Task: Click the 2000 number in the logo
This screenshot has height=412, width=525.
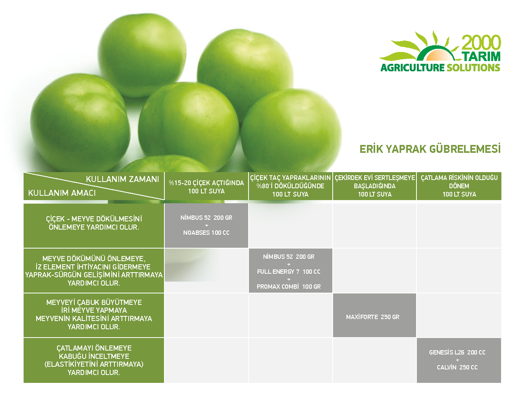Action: [x=481, y=43]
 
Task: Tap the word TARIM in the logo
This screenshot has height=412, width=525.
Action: [x=481, y=56]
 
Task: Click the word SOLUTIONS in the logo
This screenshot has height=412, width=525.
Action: [x=473, y=68]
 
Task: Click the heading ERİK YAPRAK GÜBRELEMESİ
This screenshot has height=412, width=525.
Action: [x=430, y=149]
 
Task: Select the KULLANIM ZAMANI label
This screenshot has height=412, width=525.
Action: [x=122, y=179]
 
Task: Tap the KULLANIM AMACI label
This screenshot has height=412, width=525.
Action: [x=62, y=193]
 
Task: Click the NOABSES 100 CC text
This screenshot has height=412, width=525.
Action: [x=206, y=232]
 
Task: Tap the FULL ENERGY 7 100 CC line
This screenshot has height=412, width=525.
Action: [x=289, y=271]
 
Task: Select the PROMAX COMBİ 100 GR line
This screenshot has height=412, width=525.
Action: [x=289, y=286]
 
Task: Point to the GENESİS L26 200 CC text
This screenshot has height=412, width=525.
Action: [x=457, y=352]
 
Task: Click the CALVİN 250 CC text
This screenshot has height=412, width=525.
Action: [x=457, y=367]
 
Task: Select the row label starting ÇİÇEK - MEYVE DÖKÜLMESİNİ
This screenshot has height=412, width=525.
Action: [x=94, y=223]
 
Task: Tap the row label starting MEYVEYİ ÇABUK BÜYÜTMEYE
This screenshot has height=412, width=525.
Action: [x=94, y=314]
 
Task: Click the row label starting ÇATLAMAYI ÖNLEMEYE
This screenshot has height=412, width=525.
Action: [x=94, y=360]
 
